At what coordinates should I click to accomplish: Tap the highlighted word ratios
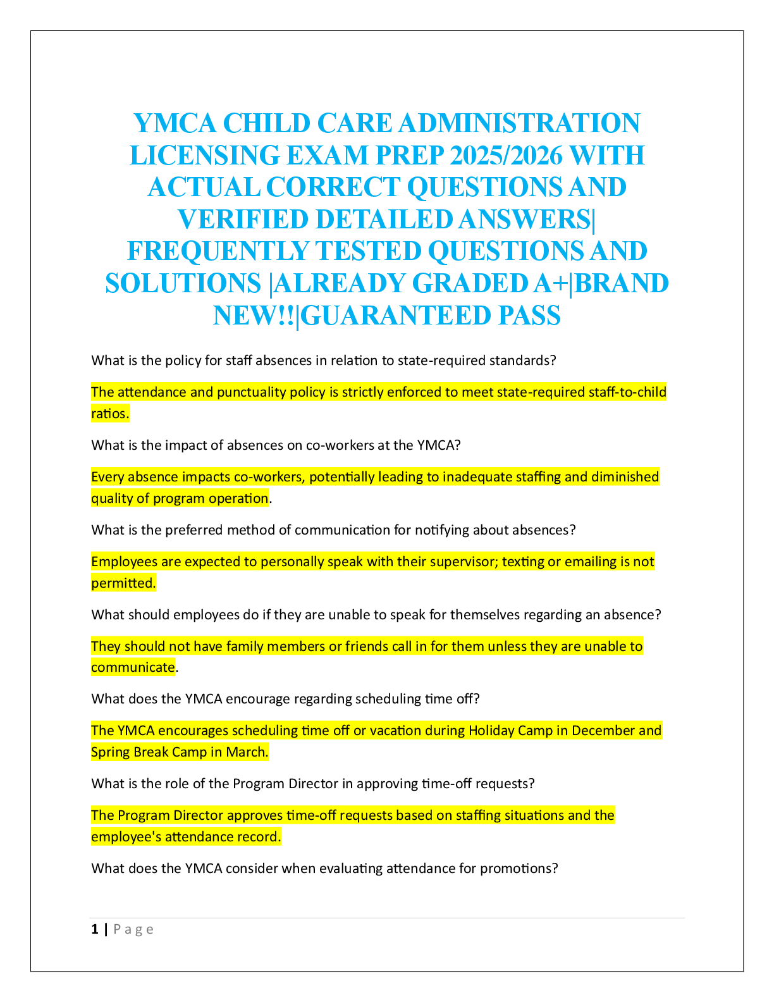[x=110, y=414]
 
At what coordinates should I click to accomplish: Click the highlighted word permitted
[x=123, y=583]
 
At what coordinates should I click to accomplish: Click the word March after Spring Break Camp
[x=247, y=752]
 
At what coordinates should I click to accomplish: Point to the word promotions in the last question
[x=519, y=869]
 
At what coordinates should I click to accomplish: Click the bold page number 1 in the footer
[x=95, y=929]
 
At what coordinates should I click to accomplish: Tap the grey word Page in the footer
[x=133, y=929]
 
